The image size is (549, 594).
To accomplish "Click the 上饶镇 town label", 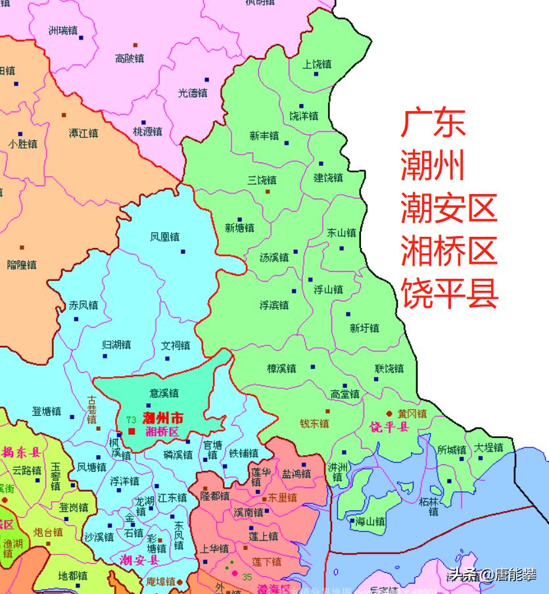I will (317, 64).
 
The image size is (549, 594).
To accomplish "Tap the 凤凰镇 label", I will (164, 237).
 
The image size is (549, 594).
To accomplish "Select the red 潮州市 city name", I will (162, 418).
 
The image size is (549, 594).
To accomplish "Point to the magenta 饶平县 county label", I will (389, 428).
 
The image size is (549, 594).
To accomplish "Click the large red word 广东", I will (433, 123).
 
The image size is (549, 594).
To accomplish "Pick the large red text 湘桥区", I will (449, 251).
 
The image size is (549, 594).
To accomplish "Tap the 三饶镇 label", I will (262, 180).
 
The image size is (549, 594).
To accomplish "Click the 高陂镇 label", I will (130, 59).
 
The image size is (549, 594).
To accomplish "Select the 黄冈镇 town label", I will (412, 414).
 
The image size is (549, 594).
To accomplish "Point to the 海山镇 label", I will (370, 522).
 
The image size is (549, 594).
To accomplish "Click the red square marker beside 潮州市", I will (131, 432).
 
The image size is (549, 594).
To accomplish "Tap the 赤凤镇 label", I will (84, 305).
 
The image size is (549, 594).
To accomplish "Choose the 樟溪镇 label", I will (281, 368).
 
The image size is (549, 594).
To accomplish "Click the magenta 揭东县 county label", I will (21, 453).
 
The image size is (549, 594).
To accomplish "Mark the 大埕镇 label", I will (489, 447).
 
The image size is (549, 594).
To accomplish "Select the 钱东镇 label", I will (314, 424).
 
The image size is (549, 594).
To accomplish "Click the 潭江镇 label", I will (84, 133).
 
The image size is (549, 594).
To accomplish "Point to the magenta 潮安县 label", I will (140, 560).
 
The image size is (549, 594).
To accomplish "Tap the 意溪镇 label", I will (164, 393).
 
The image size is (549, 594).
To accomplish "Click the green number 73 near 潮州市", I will (131, 420).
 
